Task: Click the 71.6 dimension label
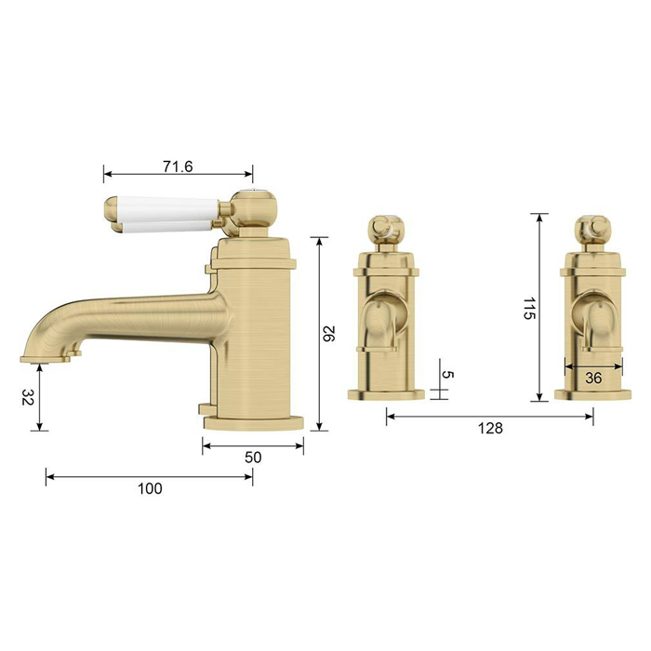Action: pos(178,166)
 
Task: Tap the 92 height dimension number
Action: pos(329,334)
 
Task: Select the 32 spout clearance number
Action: pos(27,397)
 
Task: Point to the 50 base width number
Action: pos(253,458)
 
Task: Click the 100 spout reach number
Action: pos(150,488)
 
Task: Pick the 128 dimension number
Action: pos(490,428)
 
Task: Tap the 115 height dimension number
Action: pos(529,308)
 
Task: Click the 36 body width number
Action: pos(593,378)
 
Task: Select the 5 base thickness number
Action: pos(447,375)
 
